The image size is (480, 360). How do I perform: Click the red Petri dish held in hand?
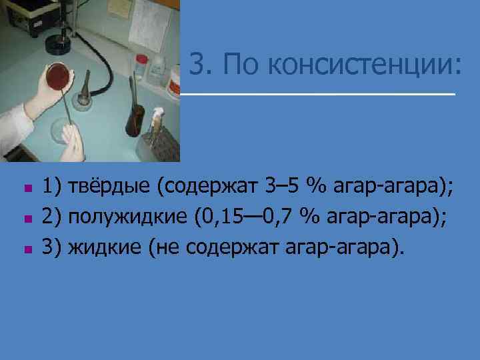coord(57,79)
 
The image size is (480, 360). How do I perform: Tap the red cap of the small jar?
coord(141,59)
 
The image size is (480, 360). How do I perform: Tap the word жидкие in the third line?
coord(104,249)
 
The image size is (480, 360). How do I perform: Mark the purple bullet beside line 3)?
coord(27,250)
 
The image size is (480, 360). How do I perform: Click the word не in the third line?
coord(167,249)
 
